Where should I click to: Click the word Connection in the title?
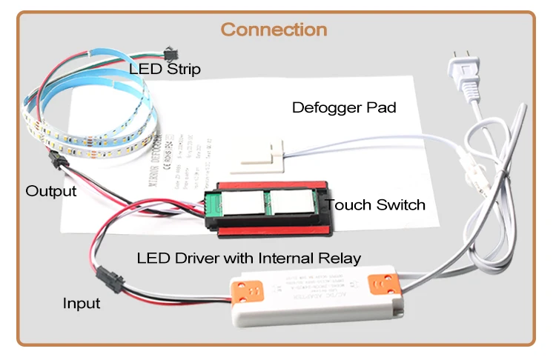(x=274, y=30)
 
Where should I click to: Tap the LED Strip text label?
(x=165, y=70)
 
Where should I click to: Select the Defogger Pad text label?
(x=344, y=107)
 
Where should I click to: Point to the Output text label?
(x=51, y=191)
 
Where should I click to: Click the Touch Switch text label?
(x=375, y=204)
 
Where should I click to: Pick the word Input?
(x=82, y=304)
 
